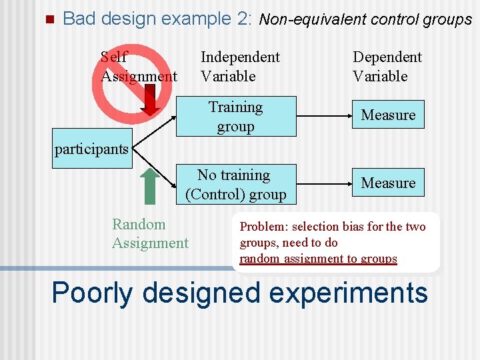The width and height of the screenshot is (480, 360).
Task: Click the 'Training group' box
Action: (235, 117)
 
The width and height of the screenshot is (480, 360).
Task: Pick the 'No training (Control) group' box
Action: (235, 185)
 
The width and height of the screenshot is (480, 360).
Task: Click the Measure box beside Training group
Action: (388, 115)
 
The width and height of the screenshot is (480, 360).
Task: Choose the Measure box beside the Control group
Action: (388, 183)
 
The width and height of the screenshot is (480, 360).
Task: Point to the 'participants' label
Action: (91, 149)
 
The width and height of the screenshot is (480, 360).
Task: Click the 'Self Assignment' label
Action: (138, 67)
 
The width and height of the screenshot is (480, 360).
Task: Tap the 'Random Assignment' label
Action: (150, 234)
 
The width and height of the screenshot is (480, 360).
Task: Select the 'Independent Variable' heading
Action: (240, 67)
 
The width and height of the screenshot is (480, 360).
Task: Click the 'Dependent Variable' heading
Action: (387, 67)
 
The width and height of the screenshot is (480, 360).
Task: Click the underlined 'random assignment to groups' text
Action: (318, 259)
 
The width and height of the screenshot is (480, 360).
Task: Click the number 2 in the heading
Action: (243, 19)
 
